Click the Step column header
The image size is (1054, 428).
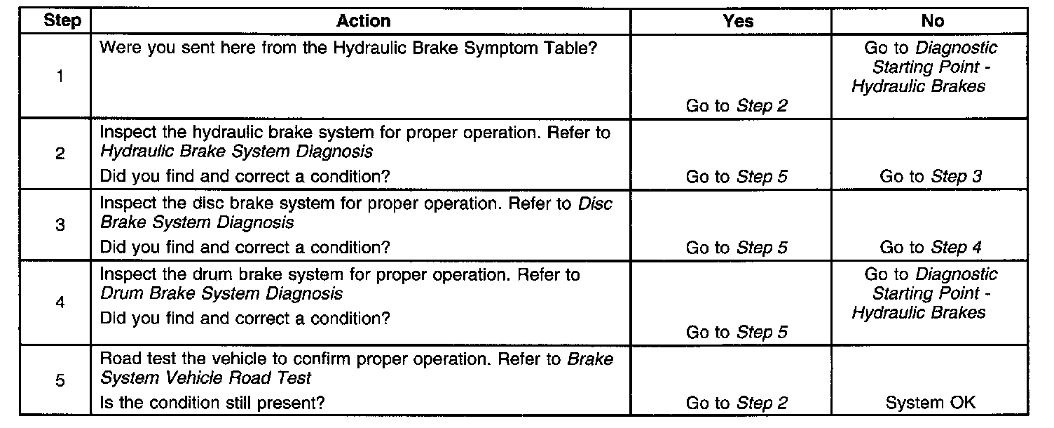pos(62,21)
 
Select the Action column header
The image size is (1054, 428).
pos(363,21)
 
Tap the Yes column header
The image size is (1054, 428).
pos(737,21)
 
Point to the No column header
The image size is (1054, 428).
pos(932,21)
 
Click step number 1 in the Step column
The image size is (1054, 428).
pos(60,76)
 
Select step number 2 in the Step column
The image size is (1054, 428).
pos(60,154)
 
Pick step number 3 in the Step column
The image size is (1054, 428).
pos(60,226)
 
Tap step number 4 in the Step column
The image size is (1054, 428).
pos(60,303)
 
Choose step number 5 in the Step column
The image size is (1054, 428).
pos(60,380)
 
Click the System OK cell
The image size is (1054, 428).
pos(931,403)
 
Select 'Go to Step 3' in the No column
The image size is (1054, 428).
pos(931,177)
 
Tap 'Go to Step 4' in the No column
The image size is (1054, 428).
pos(931,247)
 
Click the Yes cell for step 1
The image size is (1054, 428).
pos(737,106)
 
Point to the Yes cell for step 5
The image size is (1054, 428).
pos(737,403)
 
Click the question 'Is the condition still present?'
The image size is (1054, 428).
pos(214,403)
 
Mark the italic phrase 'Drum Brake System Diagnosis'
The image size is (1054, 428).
pos(221,293)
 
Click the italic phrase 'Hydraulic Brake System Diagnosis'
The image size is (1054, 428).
pos(236,151)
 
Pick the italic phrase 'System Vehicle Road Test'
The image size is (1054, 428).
pos(206,378)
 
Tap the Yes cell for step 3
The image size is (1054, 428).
pos(737,247)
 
